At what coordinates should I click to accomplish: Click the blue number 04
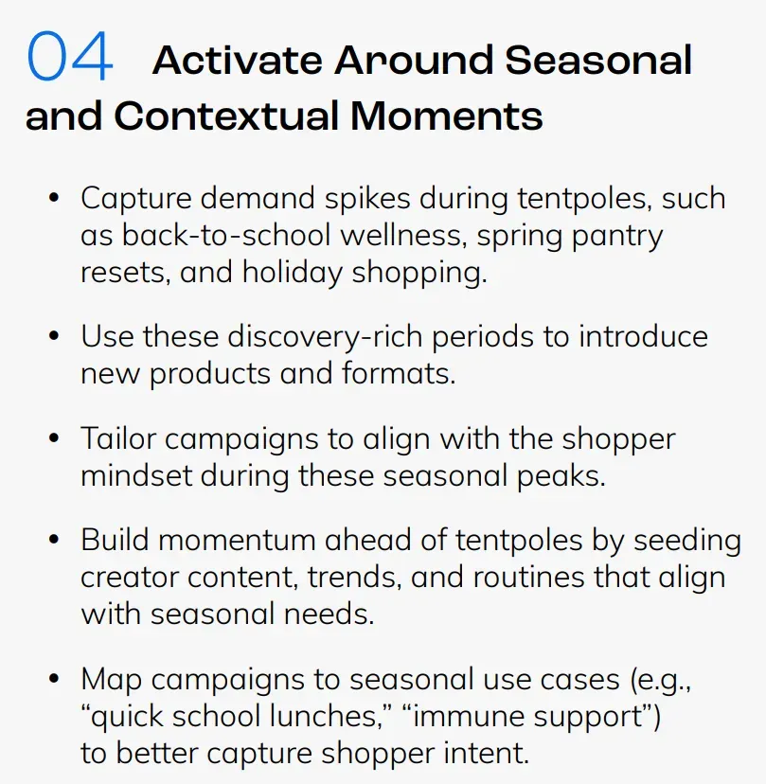coord(69,56)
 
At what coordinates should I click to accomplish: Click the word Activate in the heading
coord(238,60)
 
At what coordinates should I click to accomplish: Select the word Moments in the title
coord(447,116)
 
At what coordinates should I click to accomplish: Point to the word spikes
coord(367,199)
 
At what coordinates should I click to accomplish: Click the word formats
coord(399,373)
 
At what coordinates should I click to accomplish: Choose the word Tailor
coord(118,438)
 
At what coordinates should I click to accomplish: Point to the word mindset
coord(136,475)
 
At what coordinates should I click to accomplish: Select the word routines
coord(528,577)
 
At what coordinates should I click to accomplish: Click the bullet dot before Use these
coord(54,335)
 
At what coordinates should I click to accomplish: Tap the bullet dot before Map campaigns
coord(54,679)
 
